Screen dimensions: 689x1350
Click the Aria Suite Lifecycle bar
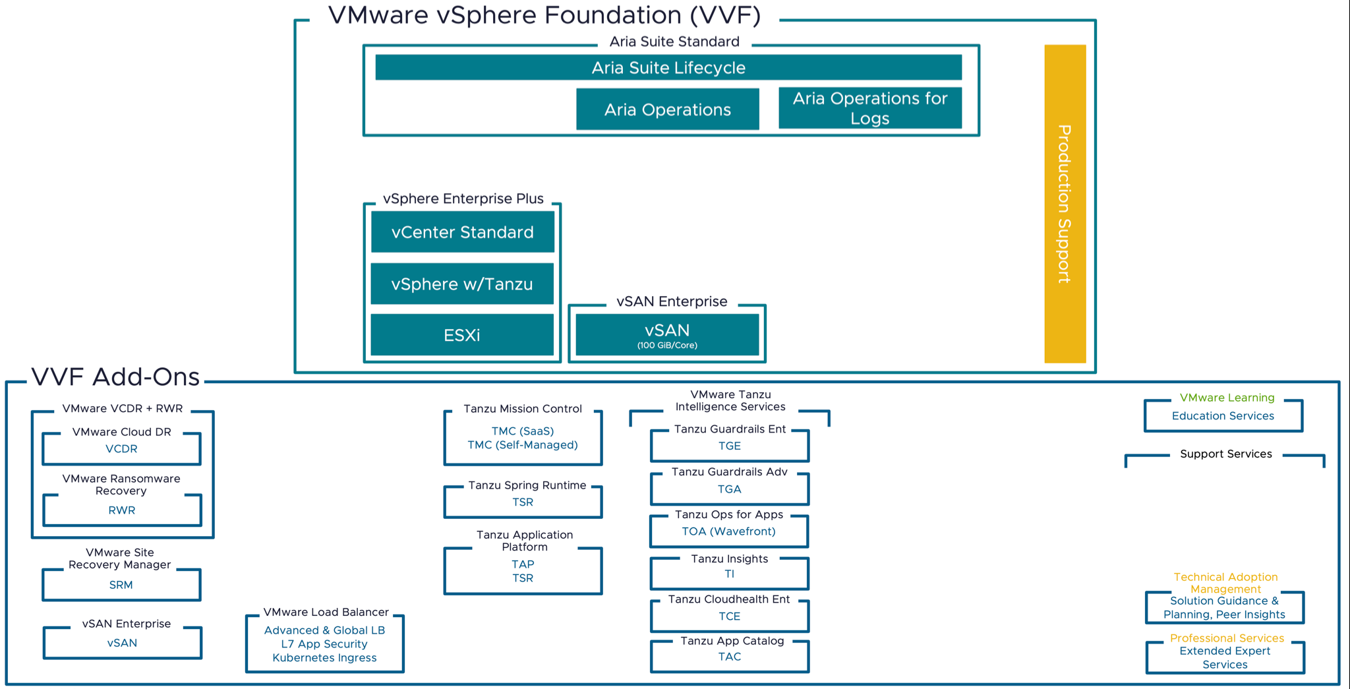pos(668,68)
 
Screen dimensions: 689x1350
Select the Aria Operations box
pos(667,109)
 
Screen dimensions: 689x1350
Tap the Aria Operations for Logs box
pos(869,108)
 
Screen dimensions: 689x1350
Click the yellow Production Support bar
pos(1065,204)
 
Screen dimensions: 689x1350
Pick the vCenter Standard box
pos(462,232)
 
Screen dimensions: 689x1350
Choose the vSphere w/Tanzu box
pos(461,284)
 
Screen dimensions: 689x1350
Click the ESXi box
pos(461,335)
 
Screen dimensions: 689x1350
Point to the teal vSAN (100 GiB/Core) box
pos(667,335)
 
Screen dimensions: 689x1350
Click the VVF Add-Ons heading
pos(115,377)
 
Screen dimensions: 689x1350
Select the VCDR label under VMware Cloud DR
pos(121,449)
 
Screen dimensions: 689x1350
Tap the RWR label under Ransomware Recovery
pos(121,510)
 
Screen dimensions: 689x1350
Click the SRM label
pos(121,585)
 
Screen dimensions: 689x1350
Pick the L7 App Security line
pos(324,644)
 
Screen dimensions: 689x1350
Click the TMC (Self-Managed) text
pos(523,445)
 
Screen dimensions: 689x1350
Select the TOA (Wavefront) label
pos(728,531)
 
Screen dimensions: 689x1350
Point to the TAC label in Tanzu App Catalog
pos(729,657)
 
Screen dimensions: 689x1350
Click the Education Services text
pos(1223,416)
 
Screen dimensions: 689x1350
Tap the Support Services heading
pos(1225,454)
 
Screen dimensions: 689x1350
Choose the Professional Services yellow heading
pos(1227,638)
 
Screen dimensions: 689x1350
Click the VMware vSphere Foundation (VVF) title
pos(544,15)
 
